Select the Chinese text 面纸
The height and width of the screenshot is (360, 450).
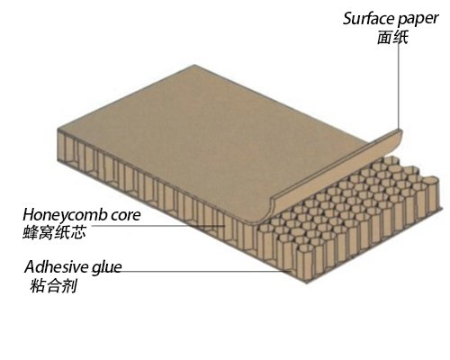[392, 38]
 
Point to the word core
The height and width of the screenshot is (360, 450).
[126, 216]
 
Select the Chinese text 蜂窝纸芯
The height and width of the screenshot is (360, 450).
[54, 232]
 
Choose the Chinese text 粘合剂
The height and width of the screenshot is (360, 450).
[54, 284]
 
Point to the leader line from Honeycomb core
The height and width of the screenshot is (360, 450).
[156, 226]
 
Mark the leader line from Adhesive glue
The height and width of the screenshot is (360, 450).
[206, 271]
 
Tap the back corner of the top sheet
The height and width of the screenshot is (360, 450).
[194, 65]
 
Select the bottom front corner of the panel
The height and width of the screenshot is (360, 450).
[307, 283]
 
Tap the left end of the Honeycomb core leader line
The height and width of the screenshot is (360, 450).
[86, 226]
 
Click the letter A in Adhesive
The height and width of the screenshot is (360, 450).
[31, 266]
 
